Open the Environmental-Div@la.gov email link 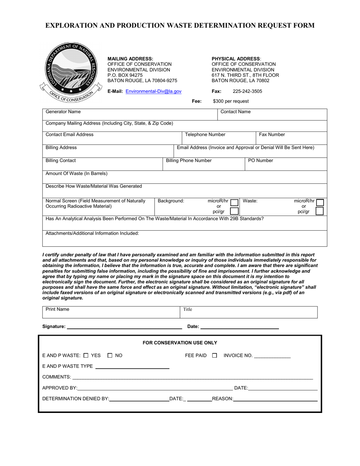tap(153, 91)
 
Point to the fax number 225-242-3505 tap(247, 91)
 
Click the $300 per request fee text tap(231, 101)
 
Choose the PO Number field tap(286, 164)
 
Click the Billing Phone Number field tap(203, 164)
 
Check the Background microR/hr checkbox tap(235, 203)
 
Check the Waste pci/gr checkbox tap(319, 211)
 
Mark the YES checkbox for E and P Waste tap(86, 355)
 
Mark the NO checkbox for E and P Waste tap(110, 355)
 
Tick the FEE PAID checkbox tap(214, 355)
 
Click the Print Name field tap(111, 312)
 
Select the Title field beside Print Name tap(248, 312)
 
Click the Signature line tap(124, 326)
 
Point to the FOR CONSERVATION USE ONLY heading tap(180, 343)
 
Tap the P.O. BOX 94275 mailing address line tap(125, 75)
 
